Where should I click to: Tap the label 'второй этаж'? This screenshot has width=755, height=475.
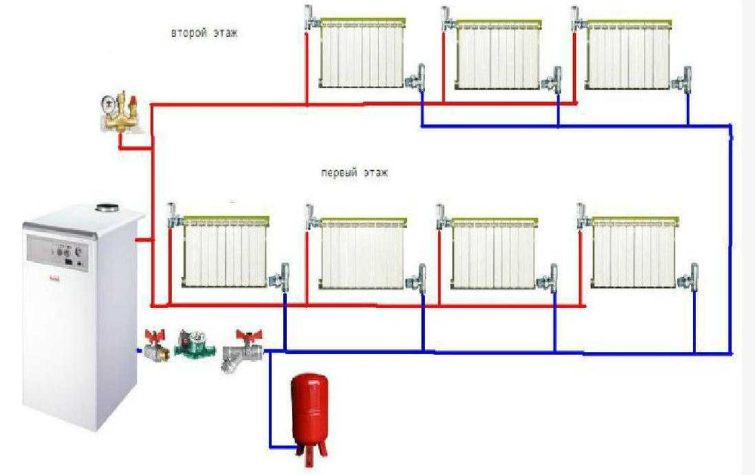(x=204, y=33)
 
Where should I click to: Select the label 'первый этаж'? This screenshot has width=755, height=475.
(x=354, y=173)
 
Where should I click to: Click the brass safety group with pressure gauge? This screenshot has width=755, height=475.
(x=120, y=113)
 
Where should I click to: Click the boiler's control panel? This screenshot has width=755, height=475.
(x=57, y=251)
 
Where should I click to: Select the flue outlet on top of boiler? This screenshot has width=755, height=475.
(x=108, y=208)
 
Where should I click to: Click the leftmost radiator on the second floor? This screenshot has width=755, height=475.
(x=362, y=53)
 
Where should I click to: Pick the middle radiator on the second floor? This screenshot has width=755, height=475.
(x=498, y=54)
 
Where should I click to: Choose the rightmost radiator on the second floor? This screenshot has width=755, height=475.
(x=628, y=54)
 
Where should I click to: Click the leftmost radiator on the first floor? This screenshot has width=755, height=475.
(x=225, y=251)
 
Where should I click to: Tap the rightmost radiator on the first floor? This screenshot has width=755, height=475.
(x=635, y=252)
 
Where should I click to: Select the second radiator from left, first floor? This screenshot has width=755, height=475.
(x=363, y=254)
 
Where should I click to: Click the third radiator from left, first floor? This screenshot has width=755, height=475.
(x=494, y=254)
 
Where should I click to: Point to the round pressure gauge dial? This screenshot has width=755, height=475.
(x=107, y=103)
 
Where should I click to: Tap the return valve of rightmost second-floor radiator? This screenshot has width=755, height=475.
(x=683, y=79)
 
